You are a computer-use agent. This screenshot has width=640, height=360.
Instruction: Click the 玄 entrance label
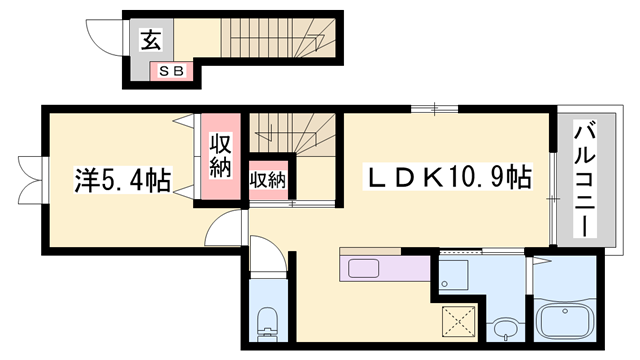point(150,41)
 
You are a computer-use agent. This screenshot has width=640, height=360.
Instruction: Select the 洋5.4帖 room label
point(122,180)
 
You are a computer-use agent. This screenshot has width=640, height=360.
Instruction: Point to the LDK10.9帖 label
point(446,179)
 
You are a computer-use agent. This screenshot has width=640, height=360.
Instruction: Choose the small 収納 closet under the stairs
point(268,180)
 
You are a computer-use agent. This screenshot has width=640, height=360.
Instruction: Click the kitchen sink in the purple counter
point(360,268)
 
